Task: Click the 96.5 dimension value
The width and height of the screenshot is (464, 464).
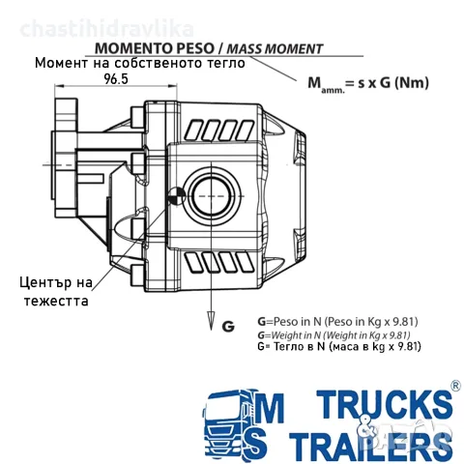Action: (x=116, y=79)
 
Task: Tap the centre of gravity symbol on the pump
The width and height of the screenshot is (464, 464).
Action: (x=177, y=195)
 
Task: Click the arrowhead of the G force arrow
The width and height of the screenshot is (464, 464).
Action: (x=211, y=321)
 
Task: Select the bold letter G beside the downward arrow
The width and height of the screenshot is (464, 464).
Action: (x=228, y=327)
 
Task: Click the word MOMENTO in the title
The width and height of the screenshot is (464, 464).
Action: (x=133, y=48)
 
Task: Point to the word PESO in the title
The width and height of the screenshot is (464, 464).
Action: (x=195, y=48)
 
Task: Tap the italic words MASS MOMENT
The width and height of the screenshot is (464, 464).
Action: (x=275, y=49)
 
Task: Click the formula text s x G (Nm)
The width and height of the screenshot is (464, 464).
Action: (x=393, y=83)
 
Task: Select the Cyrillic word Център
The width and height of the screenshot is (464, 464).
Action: (x=46, y=282)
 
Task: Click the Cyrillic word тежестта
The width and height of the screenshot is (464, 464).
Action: (x=56, y=301)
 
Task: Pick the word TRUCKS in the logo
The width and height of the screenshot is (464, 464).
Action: (x=384, y=403)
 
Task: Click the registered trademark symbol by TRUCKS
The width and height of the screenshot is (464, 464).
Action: (x=455, y=386)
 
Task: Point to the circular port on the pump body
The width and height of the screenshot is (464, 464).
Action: (x=212, y=195)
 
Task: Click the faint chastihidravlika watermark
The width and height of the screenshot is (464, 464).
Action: (x=107, y=29)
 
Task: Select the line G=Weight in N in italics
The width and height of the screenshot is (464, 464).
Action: (x=333, y=334)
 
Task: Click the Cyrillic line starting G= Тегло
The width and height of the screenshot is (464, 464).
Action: (x=339, y=346)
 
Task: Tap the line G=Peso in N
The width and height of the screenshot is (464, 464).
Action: (x=337, y=321)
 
